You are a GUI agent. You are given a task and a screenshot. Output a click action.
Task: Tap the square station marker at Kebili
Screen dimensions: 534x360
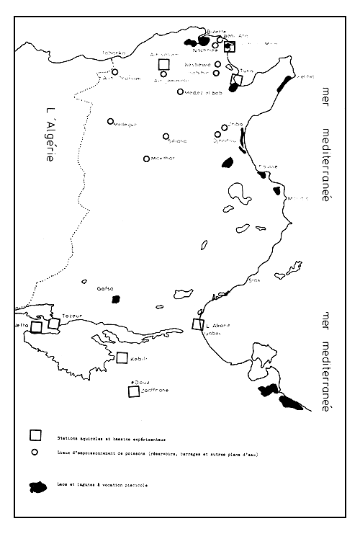[x=122, y=357]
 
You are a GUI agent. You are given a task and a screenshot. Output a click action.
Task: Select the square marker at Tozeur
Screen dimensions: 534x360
[x=53, y=324]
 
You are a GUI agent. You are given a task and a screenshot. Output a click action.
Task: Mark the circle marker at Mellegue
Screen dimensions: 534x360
[x=111, y=121]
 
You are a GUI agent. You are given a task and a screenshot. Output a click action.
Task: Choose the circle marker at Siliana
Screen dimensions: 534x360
[x=166, y=135]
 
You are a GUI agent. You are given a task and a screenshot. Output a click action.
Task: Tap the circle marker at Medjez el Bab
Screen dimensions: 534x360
[x=180, y=92]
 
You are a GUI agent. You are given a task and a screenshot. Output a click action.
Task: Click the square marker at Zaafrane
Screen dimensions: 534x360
[x=133, y=391]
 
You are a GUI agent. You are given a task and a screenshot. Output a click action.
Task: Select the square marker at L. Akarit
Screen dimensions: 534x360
[x=198, y=325]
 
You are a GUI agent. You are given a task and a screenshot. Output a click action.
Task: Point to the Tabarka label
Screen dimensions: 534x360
[x=114, y=53]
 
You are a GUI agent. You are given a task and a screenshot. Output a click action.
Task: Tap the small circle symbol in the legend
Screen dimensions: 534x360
[x=34, y=453]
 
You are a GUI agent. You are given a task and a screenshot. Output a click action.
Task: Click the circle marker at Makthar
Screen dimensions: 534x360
[x=147, y=159]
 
